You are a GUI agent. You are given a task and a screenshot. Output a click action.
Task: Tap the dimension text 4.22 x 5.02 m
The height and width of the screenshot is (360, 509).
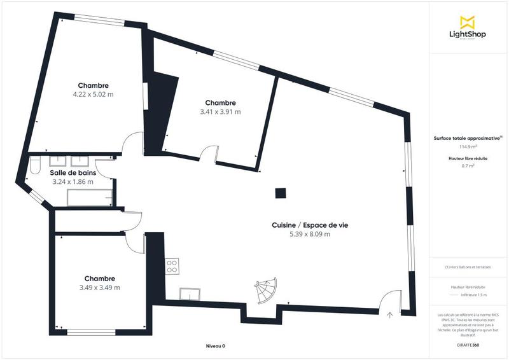[x=93, y=95]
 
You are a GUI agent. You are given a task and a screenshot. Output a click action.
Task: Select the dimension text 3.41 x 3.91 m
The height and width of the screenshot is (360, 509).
[x=220, y=112]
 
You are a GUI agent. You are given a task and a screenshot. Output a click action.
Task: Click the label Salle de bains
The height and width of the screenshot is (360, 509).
[x=73, y=172]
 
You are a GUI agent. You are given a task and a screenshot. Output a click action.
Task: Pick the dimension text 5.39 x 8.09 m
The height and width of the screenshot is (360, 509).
[x=310, y=234]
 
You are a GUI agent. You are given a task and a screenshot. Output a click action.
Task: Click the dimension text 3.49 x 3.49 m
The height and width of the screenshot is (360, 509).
[x=100, y=287]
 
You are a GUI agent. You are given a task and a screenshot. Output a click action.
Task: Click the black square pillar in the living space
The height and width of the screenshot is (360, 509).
[x=279, y=193]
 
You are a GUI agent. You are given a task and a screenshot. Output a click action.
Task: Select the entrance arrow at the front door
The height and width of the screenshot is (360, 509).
[x=390, y=313]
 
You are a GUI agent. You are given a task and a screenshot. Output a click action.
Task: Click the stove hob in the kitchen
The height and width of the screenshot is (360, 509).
[x=171, y=267]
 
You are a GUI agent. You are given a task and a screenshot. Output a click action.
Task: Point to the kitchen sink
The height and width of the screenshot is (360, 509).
[x=190, y=293]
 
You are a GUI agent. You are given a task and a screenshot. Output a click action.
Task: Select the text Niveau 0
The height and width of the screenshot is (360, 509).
[x=216, y=346]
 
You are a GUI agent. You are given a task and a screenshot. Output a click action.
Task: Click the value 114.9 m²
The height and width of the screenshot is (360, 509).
[x=468, y=146]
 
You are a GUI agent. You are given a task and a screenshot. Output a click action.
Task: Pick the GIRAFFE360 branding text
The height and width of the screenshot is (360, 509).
[x=468, y=343]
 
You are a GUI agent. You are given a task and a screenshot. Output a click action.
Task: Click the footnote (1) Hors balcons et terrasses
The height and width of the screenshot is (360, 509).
[x=468, y=267]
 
